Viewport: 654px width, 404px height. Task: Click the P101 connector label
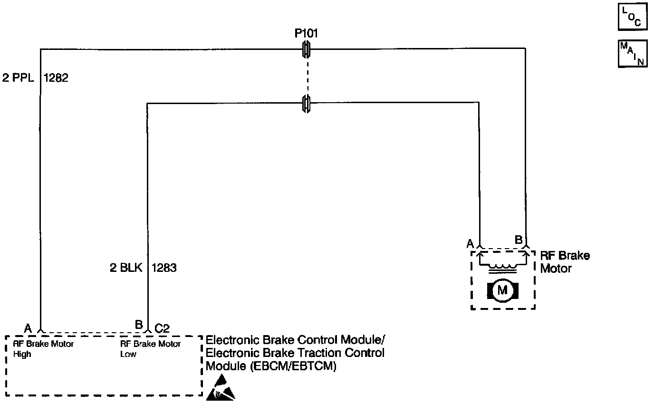pos(306,34)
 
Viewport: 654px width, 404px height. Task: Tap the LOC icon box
pos(632,17)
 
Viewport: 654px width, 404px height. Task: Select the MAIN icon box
pos(632,54)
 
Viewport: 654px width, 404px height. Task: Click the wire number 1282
pos(56,78)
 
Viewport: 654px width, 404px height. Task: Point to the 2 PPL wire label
pos(18,78)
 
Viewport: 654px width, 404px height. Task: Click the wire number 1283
pos(164,268)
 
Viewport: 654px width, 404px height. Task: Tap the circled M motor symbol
pos(502,290)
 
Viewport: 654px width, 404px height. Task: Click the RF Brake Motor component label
pos(565,262)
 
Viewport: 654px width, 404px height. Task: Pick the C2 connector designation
pos(163,328)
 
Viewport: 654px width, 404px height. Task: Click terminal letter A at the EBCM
pos(28,328)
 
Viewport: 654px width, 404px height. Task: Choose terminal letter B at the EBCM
pos(139,325)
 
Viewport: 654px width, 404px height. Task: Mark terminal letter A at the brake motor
pos(470,244)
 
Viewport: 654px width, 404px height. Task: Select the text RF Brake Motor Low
pos(151,348)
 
